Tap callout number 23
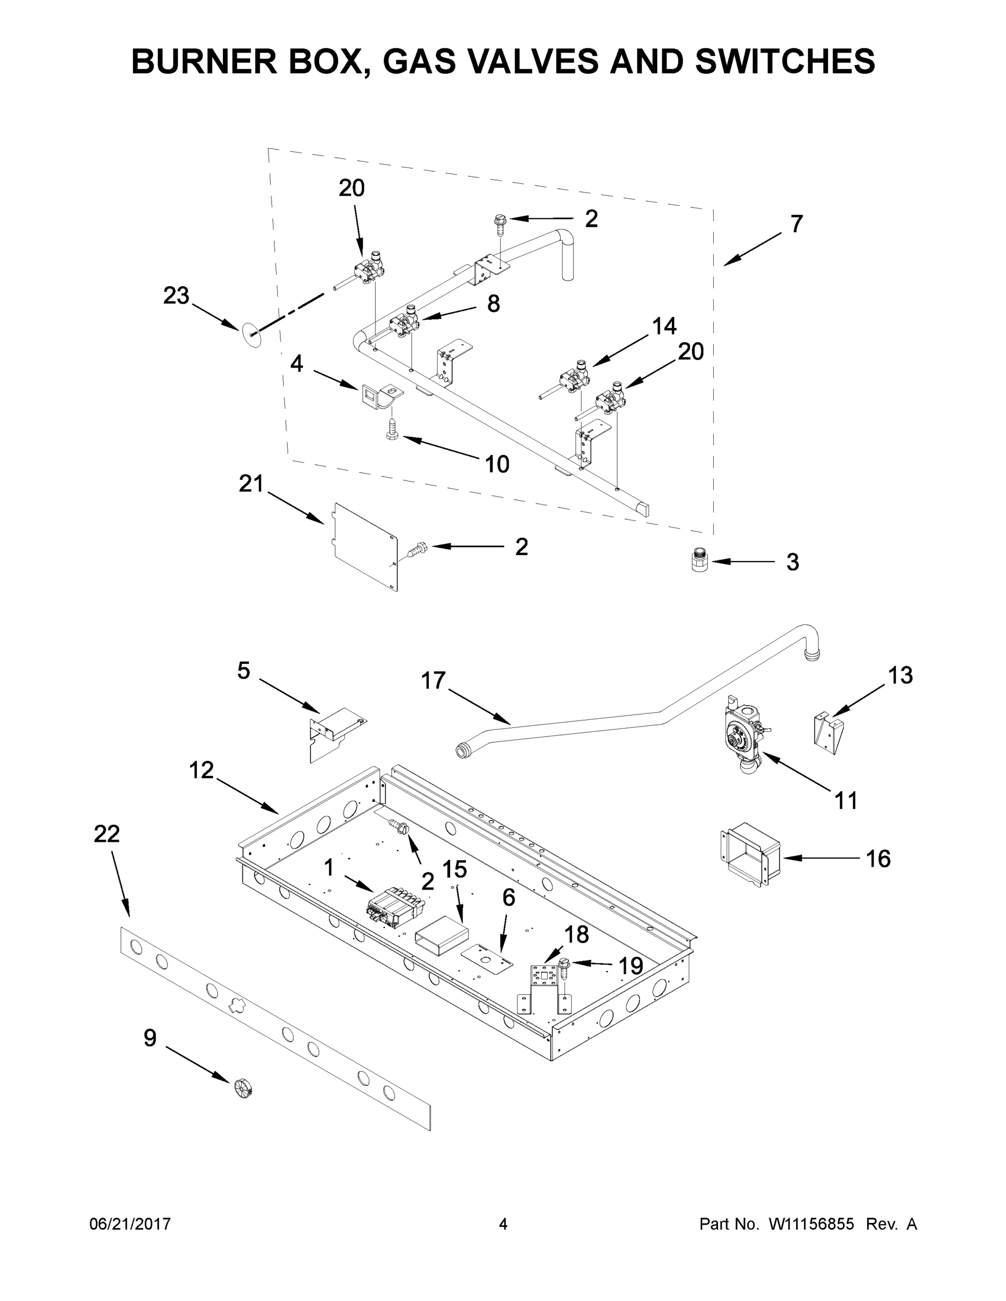click(x=176, y=295)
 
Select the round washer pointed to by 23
click(x=252, y=336)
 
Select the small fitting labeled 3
click(x=699, y=562)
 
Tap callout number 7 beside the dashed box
click(x=797, y=224)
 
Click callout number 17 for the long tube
click(x=433, y=680)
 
